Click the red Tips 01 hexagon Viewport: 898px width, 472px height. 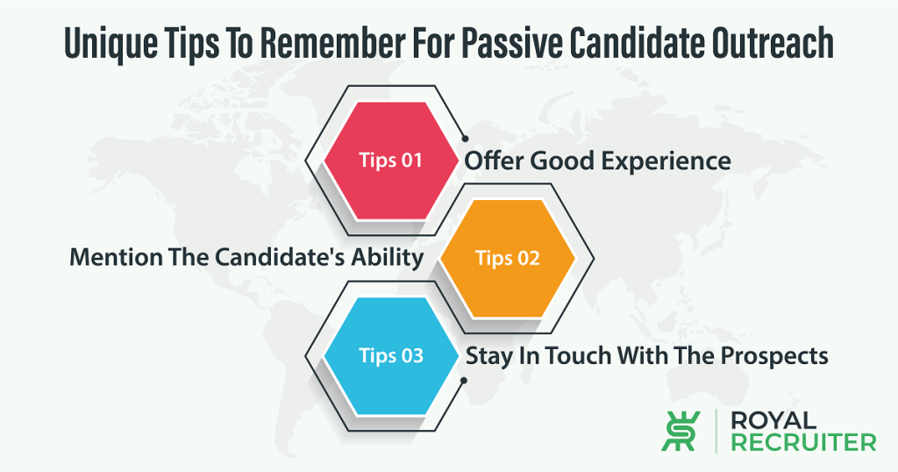pyautogui.click(x=391, y=161)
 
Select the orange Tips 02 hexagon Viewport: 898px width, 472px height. pyautogui.click(x=508, y=258)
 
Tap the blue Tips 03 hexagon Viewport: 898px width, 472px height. pyautogui.click(x=391, y=355)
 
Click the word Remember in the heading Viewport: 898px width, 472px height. pyautogui.click(x=331, y=42)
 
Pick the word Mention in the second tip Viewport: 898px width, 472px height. pyautogui.click(x=116, y=257)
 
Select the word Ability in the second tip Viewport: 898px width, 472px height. pyautogui.click(x=387, y=258)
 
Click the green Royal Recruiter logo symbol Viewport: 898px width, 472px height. pyautogui.click(x=681, y=432)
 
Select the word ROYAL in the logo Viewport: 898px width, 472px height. pyautogui.click(x=773, y=421)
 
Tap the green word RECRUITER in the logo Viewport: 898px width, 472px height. pyautogui.click(x=804, y=443)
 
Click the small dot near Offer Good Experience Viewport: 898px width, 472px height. pyautogui.click(x=465, y=139)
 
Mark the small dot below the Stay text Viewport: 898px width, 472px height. pyautogui.click(x=464, y=381)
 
